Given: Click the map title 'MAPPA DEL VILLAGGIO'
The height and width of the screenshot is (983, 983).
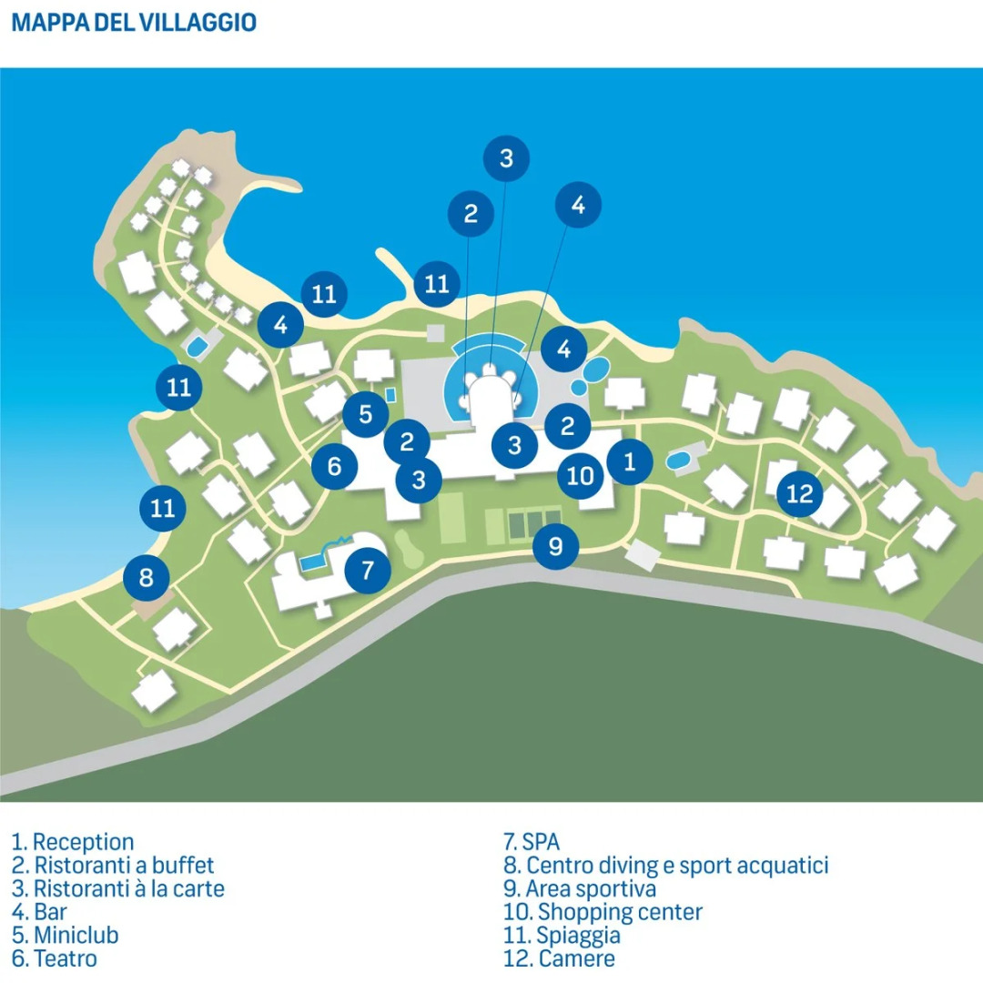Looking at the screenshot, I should [x=134, y=23].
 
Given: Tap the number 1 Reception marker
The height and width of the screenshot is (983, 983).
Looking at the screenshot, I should [x=630, y=461].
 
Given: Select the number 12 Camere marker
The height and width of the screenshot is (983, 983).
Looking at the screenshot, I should [x=800, y=494].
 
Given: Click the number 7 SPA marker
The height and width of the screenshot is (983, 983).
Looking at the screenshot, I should [x=368, y=571].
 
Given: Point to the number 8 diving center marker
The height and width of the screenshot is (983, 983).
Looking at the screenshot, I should [x=147, y=577].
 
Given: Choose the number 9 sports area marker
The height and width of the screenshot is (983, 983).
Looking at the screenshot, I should [x=556, y=546].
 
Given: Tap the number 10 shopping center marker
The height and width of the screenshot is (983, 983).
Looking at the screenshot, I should [x=581, y=475].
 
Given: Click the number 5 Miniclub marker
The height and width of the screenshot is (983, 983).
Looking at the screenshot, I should [x=366, y=415].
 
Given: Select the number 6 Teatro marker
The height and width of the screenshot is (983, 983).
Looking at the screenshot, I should [x=334, y=467].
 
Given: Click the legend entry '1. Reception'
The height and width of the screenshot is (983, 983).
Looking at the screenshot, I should [x=73, y=842].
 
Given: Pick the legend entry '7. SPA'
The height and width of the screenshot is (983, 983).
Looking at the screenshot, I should [x=532, y=842].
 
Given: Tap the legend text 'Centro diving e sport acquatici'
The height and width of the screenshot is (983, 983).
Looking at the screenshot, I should [x=677, y=865].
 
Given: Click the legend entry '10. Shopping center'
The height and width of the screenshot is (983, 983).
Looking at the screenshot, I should [x=603, y=911].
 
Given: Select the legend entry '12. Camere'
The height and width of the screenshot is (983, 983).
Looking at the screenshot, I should [x=559, y=958].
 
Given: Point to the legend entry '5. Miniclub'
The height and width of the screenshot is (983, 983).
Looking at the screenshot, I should [x=66, y=935].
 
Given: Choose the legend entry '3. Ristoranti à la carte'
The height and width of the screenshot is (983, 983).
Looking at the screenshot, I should [x=118, y=888].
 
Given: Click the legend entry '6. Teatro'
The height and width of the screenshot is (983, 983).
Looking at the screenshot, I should [x=55, y=958].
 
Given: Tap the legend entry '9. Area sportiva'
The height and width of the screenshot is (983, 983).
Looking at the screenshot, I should [x=580, y=888].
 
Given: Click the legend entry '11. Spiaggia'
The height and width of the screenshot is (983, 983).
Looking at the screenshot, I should [x=562, y=935].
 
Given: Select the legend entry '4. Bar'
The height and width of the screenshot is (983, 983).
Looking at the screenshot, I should [x=40, y=911].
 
